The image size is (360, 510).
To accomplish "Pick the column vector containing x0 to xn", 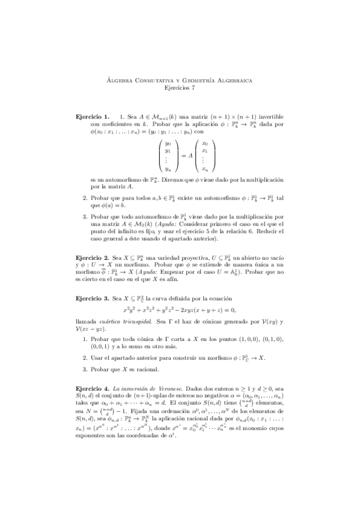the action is pos(205,156).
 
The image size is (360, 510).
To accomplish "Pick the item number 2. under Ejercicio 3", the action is pos(85,358).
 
